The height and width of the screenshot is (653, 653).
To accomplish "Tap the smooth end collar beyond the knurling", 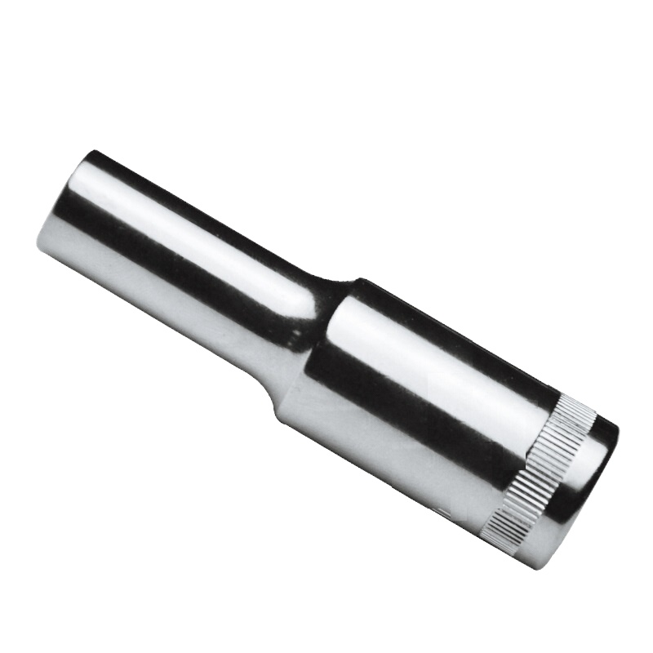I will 584,490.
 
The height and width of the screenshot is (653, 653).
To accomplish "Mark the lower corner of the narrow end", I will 39,245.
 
